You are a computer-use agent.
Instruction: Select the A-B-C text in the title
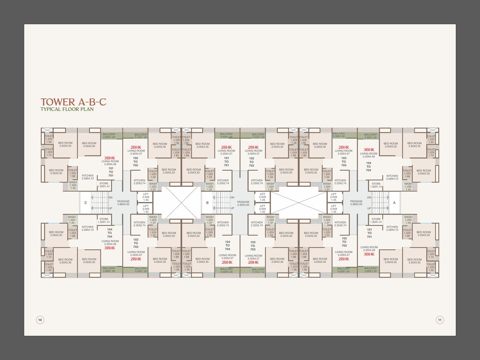[92, 102]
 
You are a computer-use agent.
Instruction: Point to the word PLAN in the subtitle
[87, 109]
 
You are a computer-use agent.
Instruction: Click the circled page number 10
[40, 320]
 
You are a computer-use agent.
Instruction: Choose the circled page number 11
[440, 320]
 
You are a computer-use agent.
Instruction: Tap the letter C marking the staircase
[86, 203]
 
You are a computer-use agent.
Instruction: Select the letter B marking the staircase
[207, 203]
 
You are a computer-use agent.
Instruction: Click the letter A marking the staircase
[394, 203]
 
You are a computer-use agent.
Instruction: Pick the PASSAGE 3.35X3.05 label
[243, 203]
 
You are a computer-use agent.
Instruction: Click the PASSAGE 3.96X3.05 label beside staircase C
[123, 203]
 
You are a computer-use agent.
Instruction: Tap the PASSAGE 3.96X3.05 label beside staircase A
[356, 203]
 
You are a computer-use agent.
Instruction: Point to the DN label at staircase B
[232, 198]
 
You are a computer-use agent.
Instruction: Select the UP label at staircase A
[369, 208]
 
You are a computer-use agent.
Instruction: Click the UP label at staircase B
[232, 208]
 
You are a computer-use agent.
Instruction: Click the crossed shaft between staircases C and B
[177, 203]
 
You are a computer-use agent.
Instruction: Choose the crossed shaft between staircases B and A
[299, 203]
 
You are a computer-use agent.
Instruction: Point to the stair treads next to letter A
[380, 203]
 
